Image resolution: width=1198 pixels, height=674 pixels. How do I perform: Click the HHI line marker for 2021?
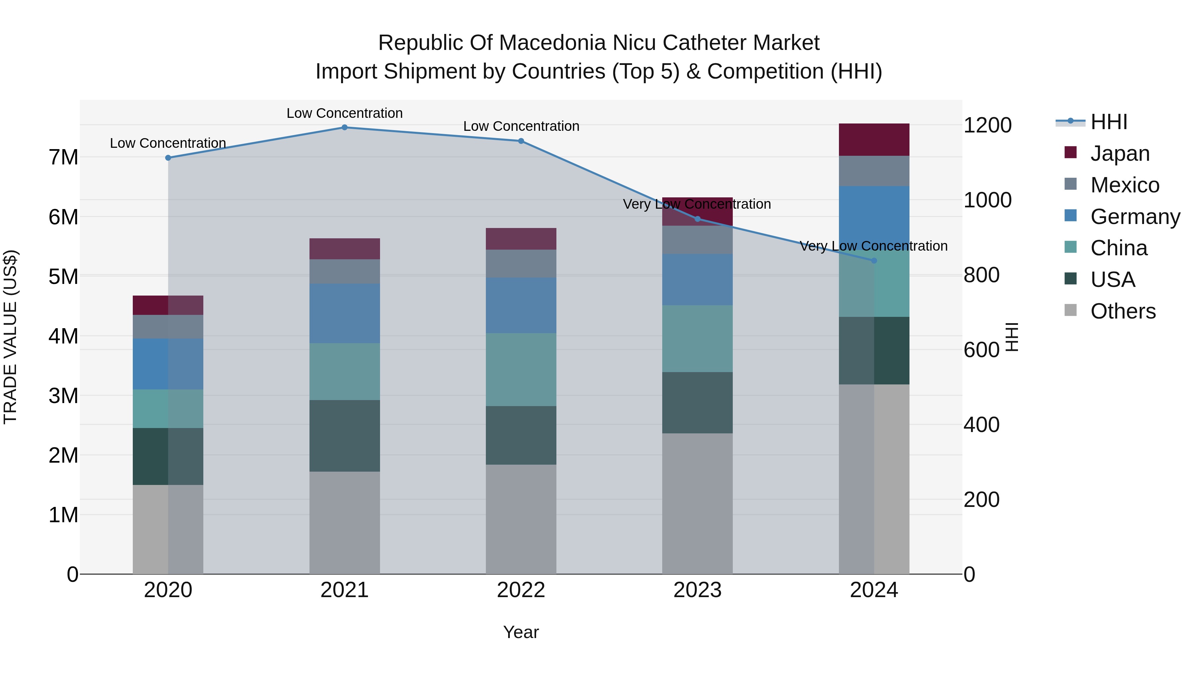(345, 127)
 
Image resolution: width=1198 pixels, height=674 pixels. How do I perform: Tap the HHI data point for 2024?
(874, 261)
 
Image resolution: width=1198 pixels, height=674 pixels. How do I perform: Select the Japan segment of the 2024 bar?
(874, 139)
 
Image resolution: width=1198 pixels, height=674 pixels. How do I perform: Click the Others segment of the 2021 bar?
(345, 523)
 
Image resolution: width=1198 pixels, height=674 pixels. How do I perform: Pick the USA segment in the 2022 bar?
(521, 435)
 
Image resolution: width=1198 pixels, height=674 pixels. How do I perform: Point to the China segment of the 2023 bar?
(697, 338)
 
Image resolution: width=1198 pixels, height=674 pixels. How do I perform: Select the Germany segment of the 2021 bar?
(345, 314)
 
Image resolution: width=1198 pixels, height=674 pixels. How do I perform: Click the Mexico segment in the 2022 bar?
(521, 264)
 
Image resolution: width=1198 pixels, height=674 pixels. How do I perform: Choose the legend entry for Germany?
(1135, 217)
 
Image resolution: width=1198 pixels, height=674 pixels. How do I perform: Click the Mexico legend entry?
(1124, 185)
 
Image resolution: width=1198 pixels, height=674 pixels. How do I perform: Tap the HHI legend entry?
(1109, 122)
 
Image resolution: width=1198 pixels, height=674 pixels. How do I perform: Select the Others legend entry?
(1123, 311)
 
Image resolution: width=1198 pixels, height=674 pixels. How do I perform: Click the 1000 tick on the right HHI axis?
(987, 200)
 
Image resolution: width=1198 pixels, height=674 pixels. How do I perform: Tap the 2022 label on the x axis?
(521, 590)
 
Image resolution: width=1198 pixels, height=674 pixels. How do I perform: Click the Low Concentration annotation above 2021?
(345, 113)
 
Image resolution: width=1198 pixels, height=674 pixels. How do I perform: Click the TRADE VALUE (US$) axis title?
(10, 337)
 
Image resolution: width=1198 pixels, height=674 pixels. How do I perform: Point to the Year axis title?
(521, 632)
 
